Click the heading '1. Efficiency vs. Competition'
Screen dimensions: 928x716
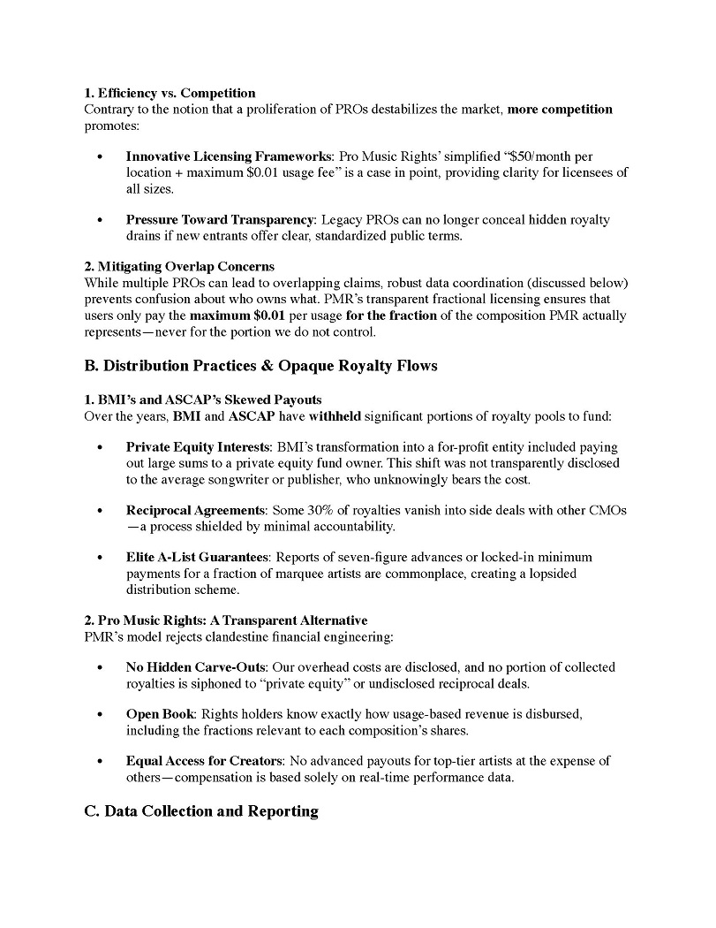(170, 93)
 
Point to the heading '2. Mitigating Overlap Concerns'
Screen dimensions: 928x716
(179, 266)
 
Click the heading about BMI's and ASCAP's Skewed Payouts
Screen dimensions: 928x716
(203, 399)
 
